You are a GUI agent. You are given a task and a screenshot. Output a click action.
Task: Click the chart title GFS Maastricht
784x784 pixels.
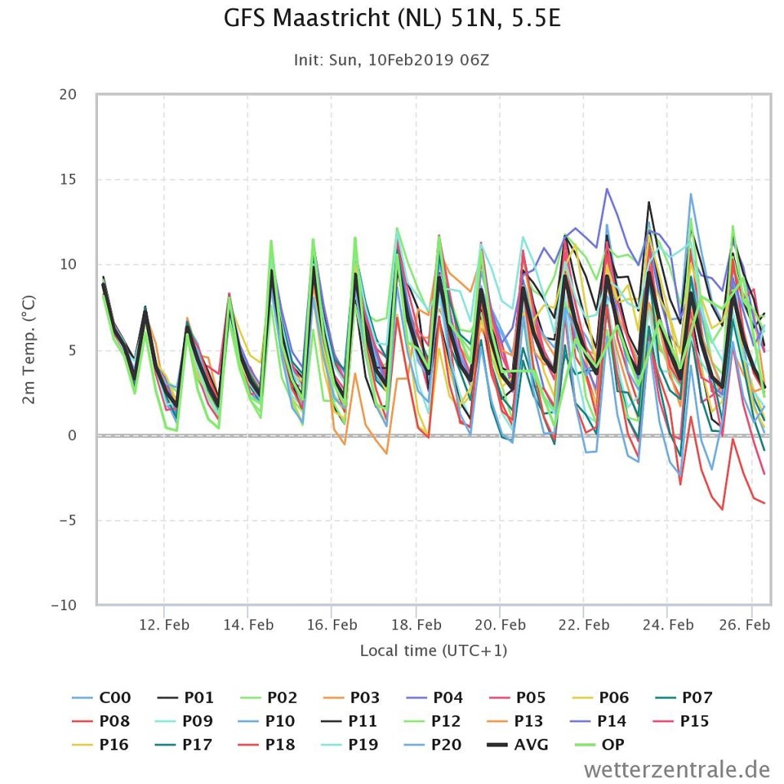pyautogui.click(x=392, y=18)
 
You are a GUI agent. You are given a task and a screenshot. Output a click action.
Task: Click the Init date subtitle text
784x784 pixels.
pyautogui.click(x=391, y=60)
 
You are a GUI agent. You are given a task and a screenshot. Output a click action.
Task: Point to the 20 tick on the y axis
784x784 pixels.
pyautogui.click(x=68, y=94)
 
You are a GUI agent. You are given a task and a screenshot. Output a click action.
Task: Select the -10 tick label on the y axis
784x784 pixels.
pyautogui.click(x=64, y=605)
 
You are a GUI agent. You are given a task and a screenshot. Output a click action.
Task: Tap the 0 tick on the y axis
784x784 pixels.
pyautogui.click(x=73, y=436)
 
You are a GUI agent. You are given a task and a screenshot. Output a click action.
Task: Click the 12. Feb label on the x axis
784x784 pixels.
pyautogui.click(x=165, y=625)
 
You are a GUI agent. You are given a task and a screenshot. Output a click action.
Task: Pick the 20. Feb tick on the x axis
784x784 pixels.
pyautogui.click(x=500, y=625)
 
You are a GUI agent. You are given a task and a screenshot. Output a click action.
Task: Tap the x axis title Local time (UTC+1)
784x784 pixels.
pyautogui.click(x=433, y=651)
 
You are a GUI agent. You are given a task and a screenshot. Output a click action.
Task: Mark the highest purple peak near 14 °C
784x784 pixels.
pyautogui.click(x=607, y=188)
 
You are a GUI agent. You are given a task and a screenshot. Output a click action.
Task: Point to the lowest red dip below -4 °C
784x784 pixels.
pyautogui.click(x=722, y=509)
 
